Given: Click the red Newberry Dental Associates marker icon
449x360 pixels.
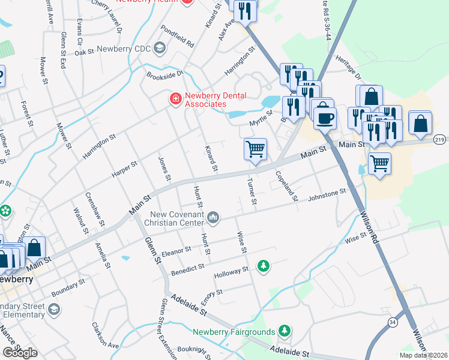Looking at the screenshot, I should [175, 98].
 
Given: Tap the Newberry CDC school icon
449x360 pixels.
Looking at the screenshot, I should [160, 47].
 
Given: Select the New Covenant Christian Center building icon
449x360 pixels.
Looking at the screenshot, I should [214, 216].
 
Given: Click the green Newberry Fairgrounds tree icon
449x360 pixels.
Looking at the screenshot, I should [285, 331].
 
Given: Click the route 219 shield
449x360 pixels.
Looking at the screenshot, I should [440, 139].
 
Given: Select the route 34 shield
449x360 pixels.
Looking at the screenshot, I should [392, 323].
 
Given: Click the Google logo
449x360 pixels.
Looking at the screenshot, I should [20, 353].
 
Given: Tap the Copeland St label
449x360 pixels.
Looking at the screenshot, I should [286, 185].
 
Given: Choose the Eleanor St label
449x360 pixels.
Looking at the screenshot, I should [175, 249].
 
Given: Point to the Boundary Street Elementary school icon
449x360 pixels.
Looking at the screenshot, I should [54, 309].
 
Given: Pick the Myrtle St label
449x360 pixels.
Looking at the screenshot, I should [261, 122].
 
